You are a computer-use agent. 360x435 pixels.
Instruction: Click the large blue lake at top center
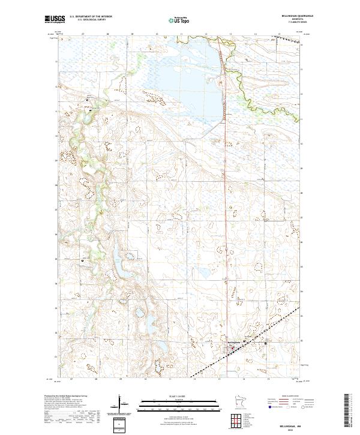[186, 78]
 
